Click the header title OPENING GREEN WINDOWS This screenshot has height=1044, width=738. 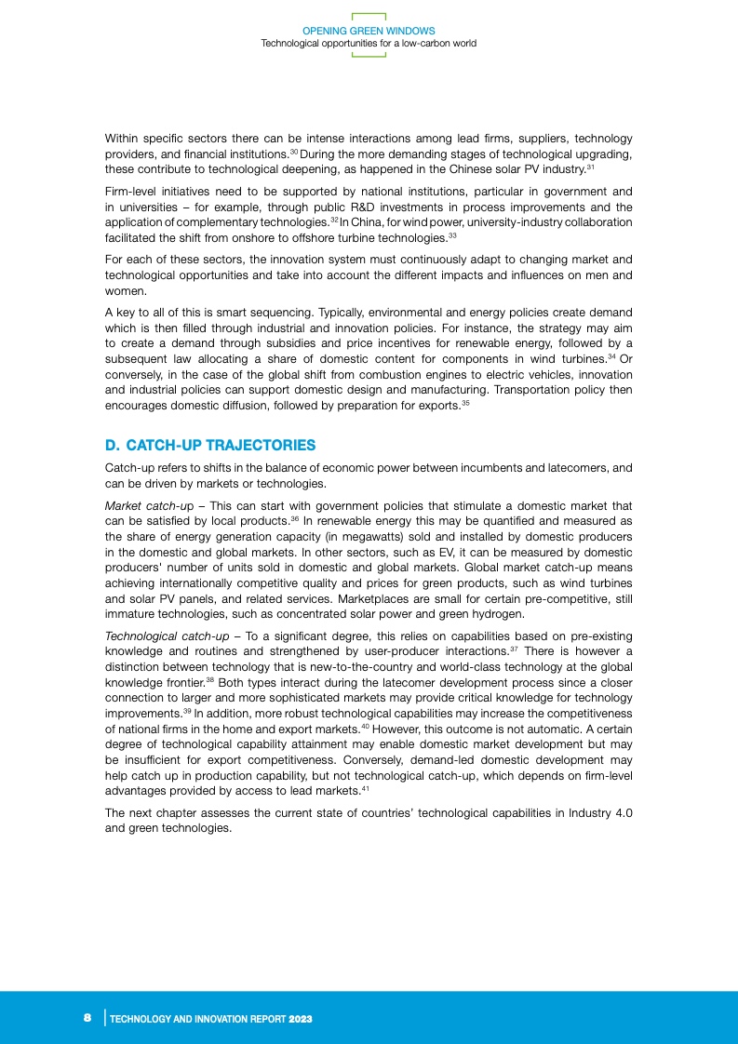click(369, 32)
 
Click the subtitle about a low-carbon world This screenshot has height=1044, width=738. click(369, 43)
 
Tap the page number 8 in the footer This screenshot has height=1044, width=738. click(87, 1019)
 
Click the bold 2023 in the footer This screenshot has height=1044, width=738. click(300, 1020)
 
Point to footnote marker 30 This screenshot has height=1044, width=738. click(293, 151)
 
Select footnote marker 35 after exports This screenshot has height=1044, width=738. click(464, 402)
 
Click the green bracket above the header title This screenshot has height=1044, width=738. click(369, 16)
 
